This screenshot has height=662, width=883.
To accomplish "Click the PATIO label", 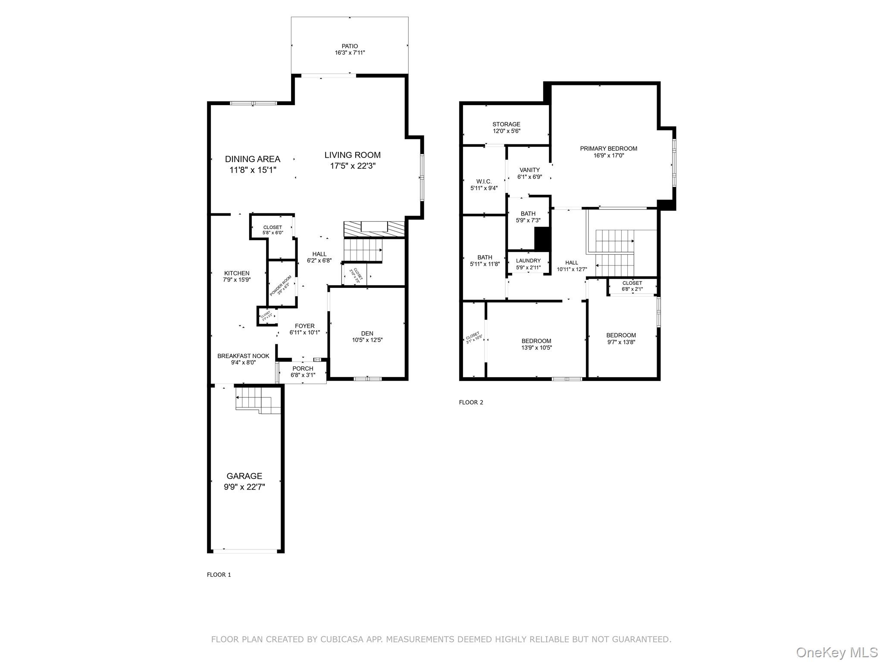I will (350, 46).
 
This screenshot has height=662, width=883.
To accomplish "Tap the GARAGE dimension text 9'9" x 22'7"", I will (244, 487).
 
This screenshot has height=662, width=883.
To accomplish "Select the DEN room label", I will (367, 333).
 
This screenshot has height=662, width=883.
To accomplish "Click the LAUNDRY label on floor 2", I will (528, 261).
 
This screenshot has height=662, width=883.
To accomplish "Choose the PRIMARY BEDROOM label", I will (608, 149).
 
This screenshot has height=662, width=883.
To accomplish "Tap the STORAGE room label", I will (506, 124).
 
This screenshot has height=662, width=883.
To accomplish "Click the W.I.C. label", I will (484, 181).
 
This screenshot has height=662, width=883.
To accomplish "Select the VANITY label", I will (529, 170).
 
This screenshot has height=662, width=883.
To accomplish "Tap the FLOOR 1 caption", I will (219, 575).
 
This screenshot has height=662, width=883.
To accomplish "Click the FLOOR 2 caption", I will (471, 403).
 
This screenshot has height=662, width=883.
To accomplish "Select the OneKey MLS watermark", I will (836, 652).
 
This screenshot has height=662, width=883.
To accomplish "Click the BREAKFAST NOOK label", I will (243, 356).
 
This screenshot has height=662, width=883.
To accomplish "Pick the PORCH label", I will (303, 368).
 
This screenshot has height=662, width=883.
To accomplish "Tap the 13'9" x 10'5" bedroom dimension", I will (536, 348).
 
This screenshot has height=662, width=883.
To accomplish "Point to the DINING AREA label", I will (253, 159).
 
